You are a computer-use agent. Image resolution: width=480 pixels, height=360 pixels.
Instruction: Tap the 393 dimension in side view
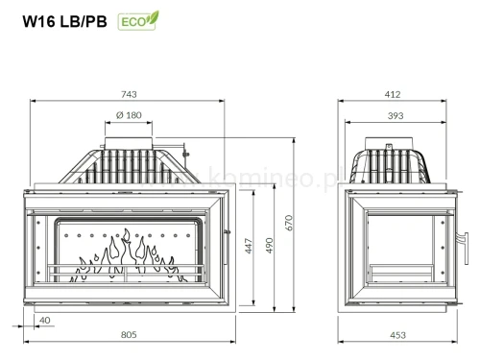[393, 116]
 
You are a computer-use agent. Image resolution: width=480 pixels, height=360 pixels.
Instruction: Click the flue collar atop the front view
[128, 139]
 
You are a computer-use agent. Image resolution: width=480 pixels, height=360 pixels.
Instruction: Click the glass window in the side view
[394, 245]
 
